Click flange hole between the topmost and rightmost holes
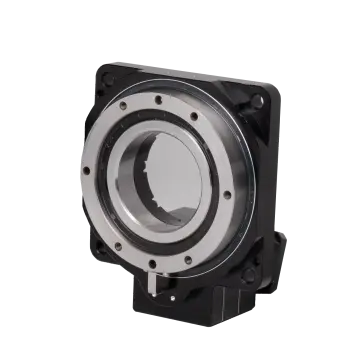(214, 118)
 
